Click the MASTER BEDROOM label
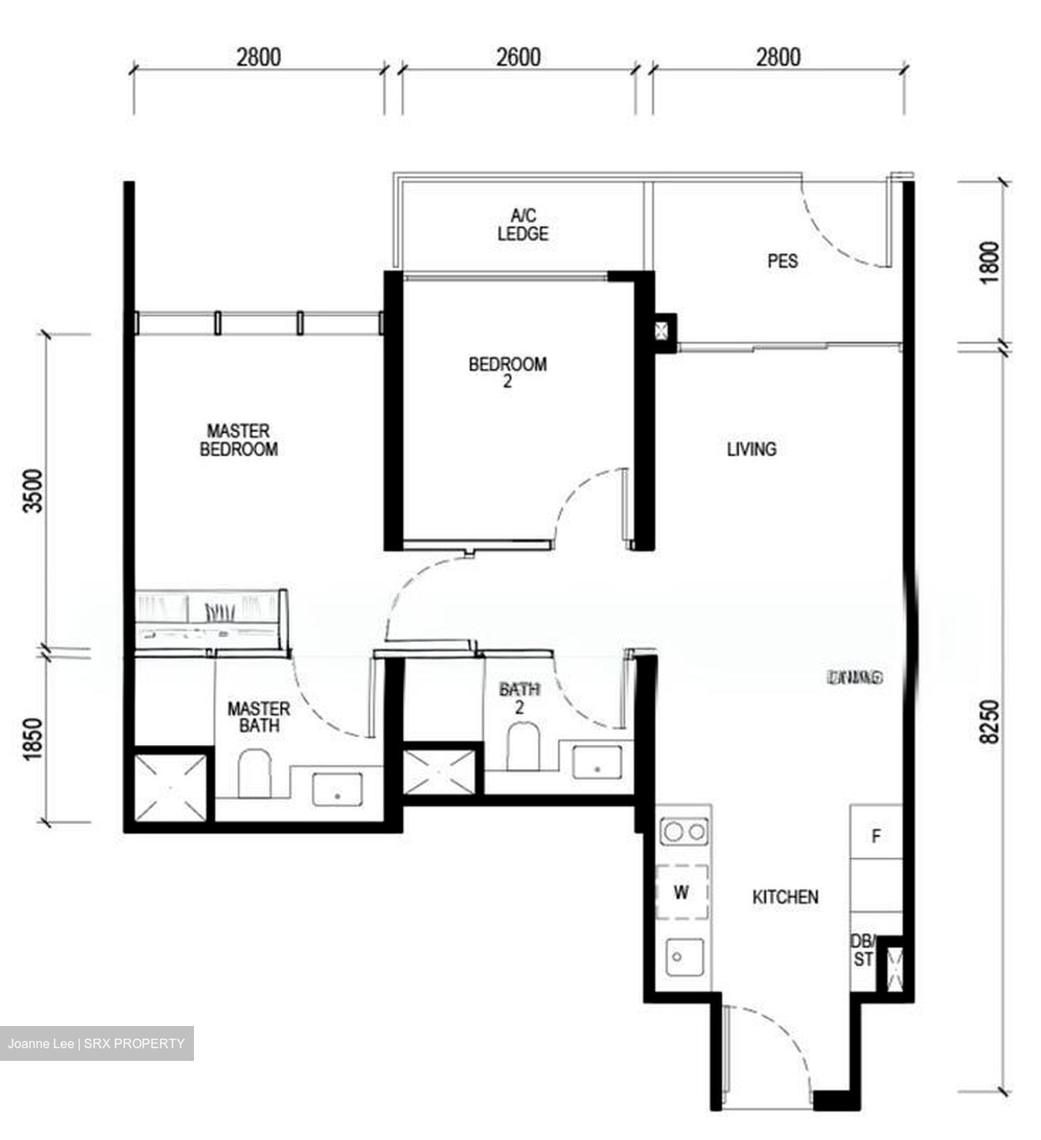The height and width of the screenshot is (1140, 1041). pos(238,440)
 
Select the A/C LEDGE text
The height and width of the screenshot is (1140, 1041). pos(522,225)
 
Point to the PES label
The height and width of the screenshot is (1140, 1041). pos(782,261)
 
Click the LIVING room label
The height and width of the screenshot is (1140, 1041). pos(751,450)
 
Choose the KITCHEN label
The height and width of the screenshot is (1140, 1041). pos(785,897)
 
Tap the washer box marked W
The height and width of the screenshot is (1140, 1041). pos(682,892)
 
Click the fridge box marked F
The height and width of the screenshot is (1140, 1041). pos(876,836)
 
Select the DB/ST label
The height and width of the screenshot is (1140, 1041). pos(863,950)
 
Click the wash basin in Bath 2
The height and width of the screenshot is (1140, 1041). pos(595,762)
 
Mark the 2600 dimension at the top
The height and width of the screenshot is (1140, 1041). pos(519,58)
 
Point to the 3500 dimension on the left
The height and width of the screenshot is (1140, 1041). pos(34,491)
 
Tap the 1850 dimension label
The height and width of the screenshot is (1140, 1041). pos(34,739)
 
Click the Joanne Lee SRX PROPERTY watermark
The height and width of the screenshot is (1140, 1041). pos(96,1043)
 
